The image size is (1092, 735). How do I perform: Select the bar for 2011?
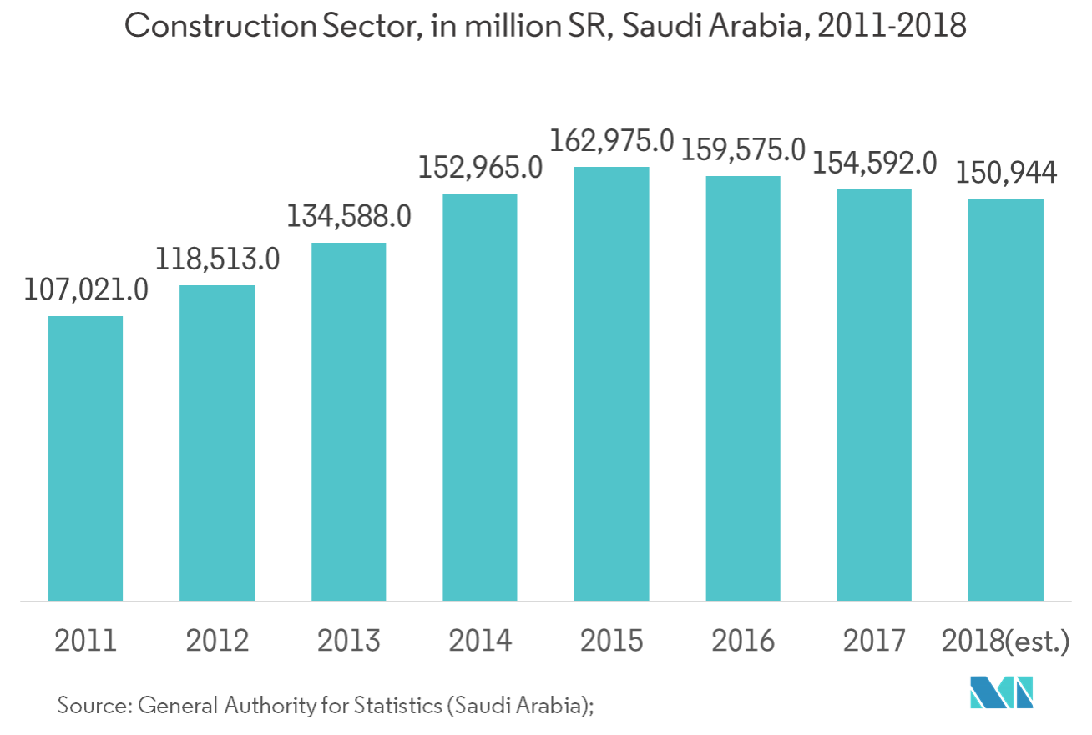tap(86, 458)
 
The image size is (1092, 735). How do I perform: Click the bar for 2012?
tap(217, 443)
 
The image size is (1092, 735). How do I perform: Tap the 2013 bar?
tap(349, 421)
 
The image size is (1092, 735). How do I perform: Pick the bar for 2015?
tap(611, 384)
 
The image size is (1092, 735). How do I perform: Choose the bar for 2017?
tap(873, 395)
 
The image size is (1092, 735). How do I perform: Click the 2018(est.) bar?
tap(1005, 400)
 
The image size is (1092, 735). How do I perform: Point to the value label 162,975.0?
tap(611, 142)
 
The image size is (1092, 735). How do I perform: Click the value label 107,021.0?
tap(86, 290)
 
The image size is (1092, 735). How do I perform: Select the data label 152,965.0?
tap(480, 168)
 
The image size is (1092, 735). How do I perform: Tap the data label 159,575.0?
tap(743, 151)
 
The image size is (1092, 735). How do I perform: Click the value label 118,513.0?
tap(217, 259)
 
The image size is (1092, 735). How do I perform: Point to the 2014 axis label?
tap(480, 641)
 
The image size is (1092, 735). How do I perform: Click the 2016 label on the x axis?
tap(743, 641)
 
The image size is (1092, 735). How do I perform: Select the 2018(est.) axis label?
tap(1005, 641)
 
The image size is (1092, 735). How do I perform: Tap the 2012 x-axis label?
tap(217, 641)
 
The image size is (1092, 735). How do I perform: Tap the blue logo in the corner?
tap(1001, 692)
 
